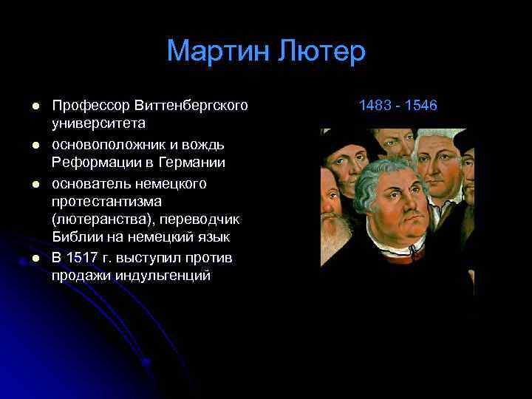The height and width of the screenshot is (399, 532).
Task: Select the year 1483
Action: pyautogui.click(x=375, y=106)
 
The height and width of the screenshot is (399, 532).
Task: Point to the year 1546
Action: pyautogui.click(x=420, y=106)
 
